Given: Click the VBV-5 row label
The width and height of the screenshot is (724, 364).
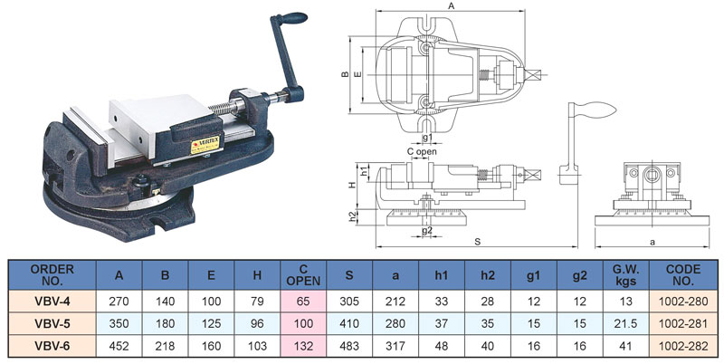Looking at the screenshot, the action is click(52, 323).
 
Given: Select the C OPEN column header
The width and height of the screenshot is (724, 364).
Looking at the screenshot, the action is click(303, 274).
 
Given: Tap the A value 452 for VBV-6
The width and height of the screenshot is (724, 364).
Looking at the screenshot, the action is click(119, 346).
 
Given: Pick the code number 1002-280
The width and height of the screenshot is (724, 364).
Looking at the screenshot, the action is click(683, 302).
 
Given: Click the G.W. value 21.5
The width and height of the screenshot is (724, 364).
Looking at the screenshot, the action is click(626, 323).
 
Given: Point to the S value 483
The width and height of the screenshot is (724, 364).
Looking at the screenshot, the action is click(349, 346).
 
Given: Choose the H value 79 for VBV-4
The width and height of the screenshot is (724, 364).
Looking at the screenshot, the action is click(257, 302).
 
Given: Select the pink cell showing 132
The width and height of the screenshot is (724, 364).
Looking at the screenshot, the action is click(303, 346).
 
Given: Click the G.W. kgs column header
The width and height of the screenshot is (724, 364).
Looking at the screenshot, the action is click(626, 274).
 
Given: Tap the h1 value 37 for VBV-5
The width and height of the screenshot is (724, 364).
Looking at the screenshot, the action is click(442, 323).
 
